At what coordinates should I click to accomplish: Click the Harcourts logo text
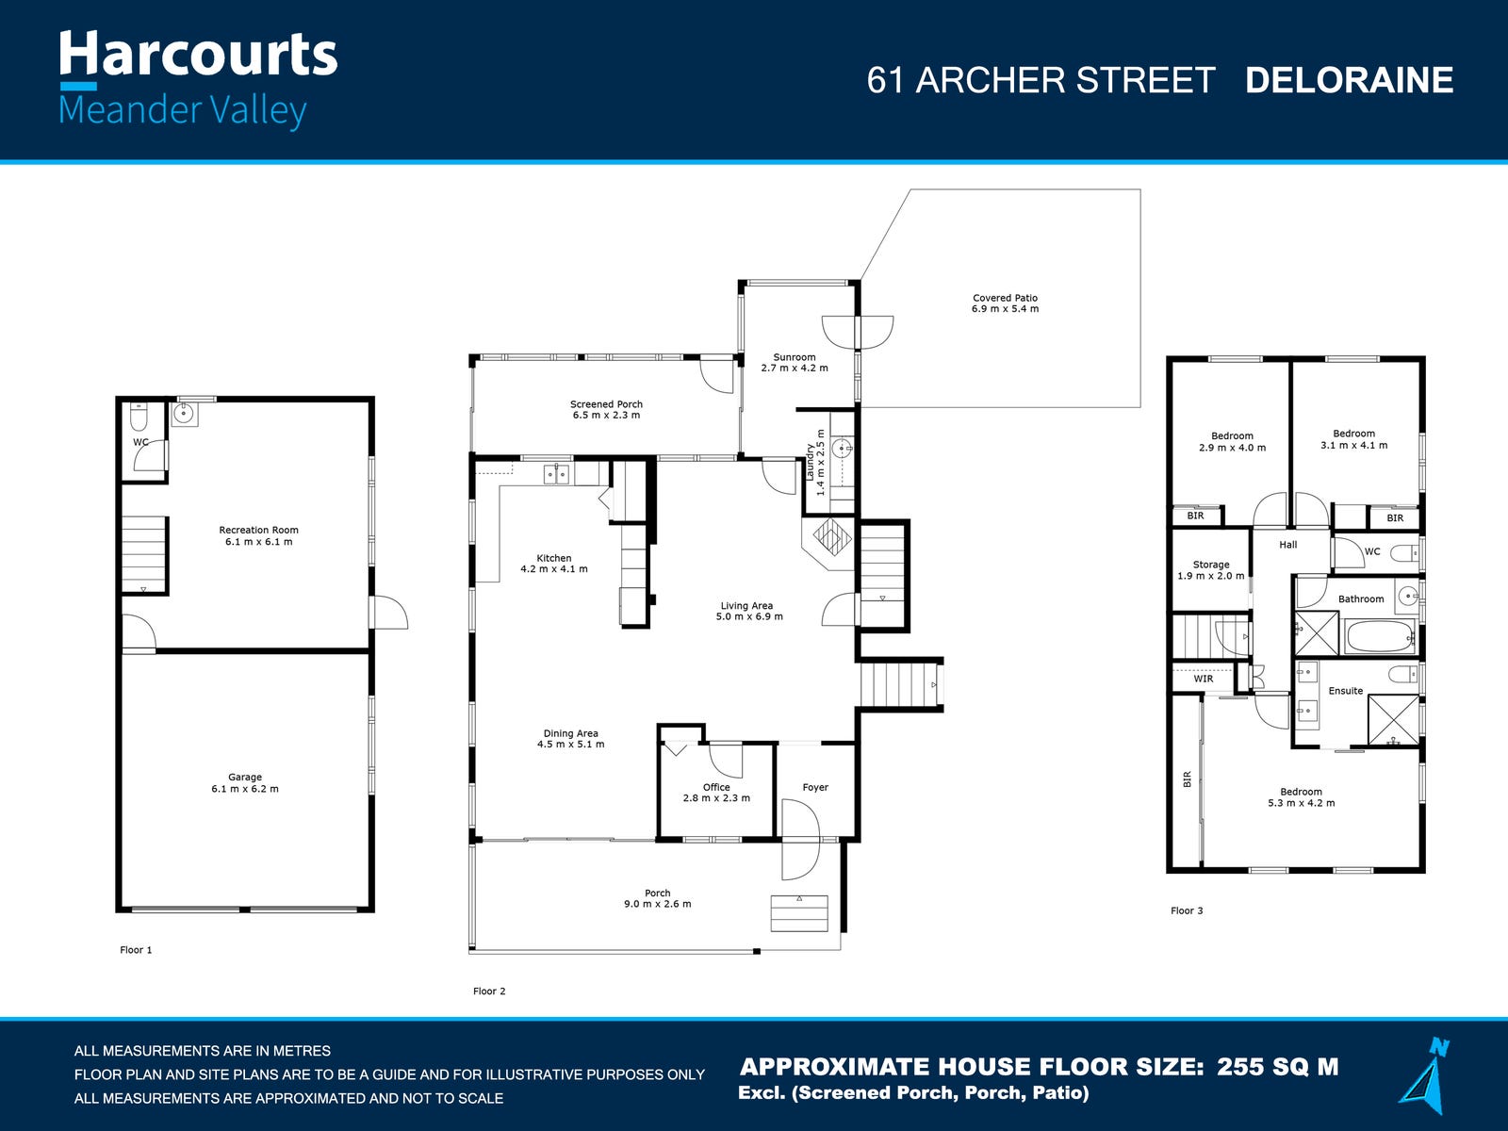[x=198, y=54]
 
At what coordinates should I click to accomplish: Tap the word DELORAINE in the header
[x=1349, y=80]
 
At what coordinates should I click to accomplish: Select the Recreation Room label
[x=258, y=530]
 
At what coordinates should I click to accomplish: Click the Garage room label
[x=244, y=778]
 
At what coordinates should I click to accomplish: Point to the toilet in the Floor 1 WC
[x=139, y=417]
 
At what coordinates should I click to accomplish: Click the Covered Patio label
[x=1005, y=298]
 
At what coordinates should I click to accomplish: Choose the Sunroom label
[x=795, y=357]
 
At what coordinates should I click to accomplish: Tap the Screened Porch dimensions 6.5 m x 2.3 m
[x=606, y=416]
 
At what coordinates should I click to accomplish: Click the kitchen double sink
[x=556, y=474]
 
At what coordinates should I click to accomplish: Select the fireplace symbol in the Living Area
[x=831, y=536]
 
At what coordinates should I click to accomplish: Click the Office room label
[x=716, y=787]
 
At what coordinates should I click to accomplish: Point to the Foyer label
[x=815, y=787]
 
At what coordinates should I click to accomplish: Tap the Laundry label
[x=810, y=462]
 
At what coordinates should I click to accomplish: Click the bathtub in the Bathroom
[x=1380, y=636]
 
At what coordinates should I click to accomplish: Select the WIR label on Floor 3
[x=1203, y=679]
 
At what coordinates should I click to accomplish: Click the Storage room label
[x=1210, y=565]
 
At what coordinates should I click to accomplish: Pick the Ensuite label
[x=1345, y=691]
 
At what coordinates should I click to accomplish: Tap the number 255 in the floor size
[x=1240, y=1067]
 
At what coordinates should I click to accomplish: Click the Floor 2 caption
[x=489, y=991]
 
